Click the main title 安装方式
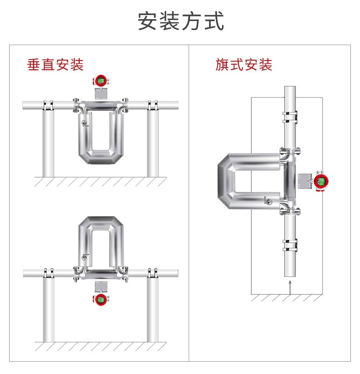tap(180, 21)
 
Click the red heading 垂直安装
tap(55, 65)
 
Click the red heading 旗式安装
tap(244, 65)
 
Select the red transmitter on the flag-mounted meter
tap(321, 181)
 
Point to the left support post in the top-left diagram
tap(48, 143)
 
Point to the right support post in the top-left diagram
tap(153, 143)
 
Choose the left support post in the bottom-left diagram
tap(49, 309)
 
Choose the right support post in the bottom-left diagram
tap(153, 309)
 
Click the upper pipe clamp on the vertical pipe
tap(290, 117)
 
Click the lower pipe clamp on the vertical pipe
tap(290, 246)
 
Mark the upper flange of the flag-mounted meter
tap(290, 151)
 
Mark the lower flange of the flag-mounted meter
tap(290, 211)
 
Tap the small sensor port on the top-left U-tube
tap(84, 123)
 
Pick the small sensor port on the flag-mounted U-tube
tap(268, 201)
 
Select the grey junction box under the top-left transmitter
tap(101, 94)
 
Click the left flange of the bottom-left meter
tap(77, 274)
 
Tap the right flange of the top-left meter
tap(125, 105)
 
